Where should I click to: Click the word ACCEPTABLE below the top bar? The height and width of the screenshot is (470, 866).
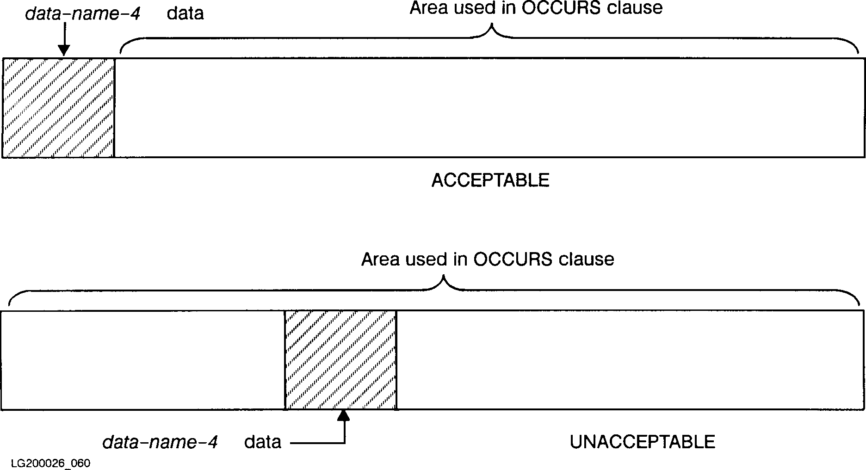tap(490, 180)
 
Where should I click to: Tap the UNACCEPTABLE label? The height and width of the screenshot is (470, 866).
tap(642, 442)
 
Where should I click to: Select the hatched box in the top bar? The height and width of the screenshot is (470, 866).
tap(58, 108)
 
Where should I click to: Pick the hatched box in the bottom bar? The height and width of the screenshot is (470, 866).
tap(340, 360)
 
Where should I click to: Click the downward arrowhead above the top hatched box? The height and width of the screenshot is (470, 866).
tap(64, 50)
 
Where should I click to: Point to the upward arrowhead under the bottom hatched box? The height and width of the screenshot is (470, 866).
tap(344, 415)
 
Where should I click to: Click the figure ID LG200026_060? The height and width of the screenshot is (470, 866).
tap(50, 463)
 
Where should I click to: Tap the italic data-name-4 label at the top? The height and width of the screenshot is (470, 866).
tap(83, 13)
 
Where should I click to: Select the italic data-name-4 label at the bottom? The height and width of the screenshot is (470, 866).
tap(160, 442)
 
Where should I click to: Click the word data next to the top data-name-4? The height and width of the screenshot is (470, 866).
tap(185, 13)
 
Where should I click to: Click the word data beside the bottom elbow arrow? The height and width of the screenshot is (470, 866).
tap(263, 442)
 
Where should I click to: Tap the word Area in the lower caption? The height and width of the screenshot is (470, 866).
tap(380, 259)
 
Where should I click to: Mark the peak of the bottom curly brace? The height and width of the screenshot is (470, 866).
tap(444, 278)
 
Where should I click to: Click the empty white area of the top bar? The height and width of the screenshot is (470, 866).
tap(489, 108)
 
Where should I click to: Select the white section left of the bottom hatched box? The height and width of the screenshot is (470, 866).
tap(142, 360)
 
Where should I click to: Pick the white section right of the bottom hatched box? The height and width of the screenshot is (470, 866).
tap(630, 360)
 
